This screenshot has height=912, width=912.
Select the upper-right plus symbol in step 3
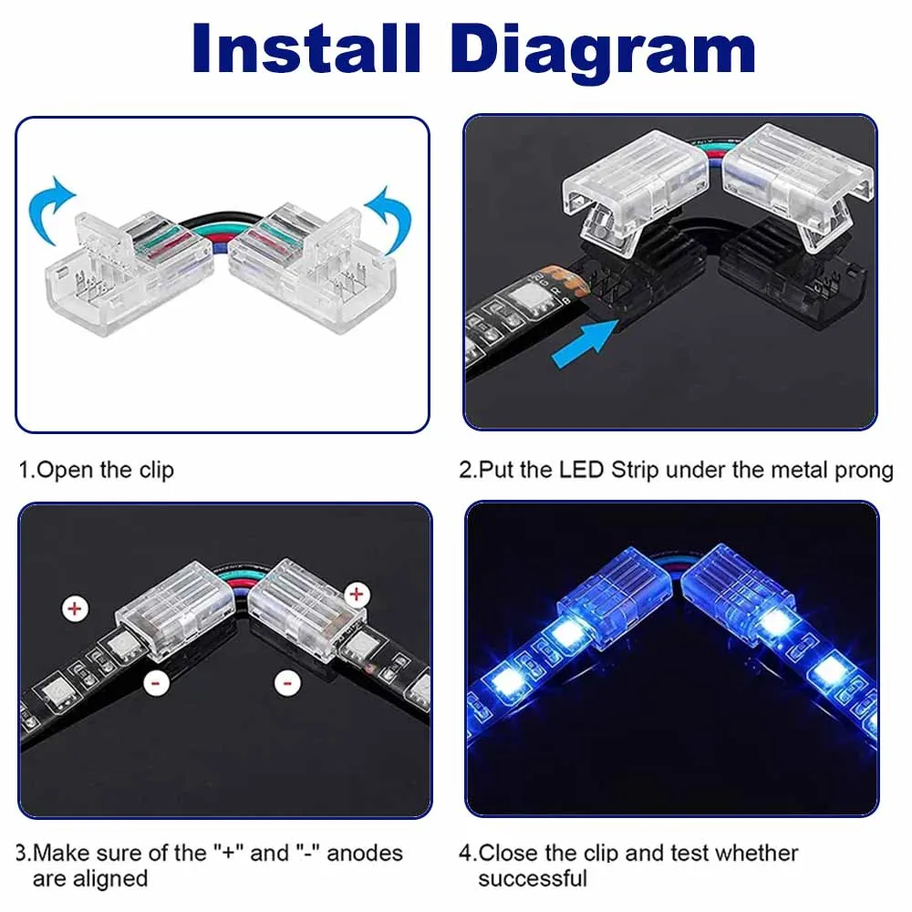[x=356, y=596]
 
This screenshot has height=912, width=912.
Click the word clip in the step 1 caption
[x=156, y=471]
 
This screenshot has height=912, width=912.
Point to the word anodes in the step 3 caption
[x=364, y=853]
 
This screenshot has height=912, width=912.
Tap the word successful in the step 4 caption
[x=533, y=878]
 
